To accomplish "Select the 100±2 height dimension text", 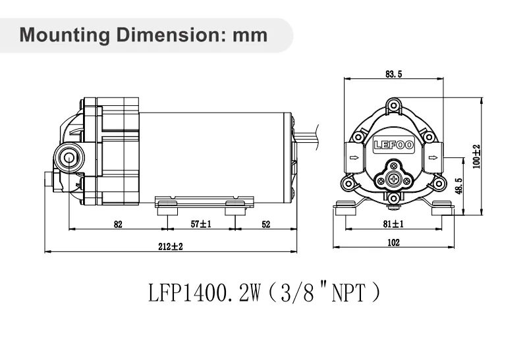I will point(476,156).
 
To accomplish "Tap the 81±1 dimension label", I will point(393,224).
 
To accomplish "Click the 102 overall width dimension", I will point(393,243).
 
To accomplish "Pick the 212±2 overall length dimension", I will point(171,246).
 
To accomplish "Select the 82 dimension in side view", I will point(118,224).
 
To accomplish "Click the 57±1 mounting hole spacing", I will point(200,224).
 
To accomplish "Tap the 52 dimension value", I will point(266,224).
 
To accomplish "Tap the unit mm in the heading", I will point(251,34).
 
